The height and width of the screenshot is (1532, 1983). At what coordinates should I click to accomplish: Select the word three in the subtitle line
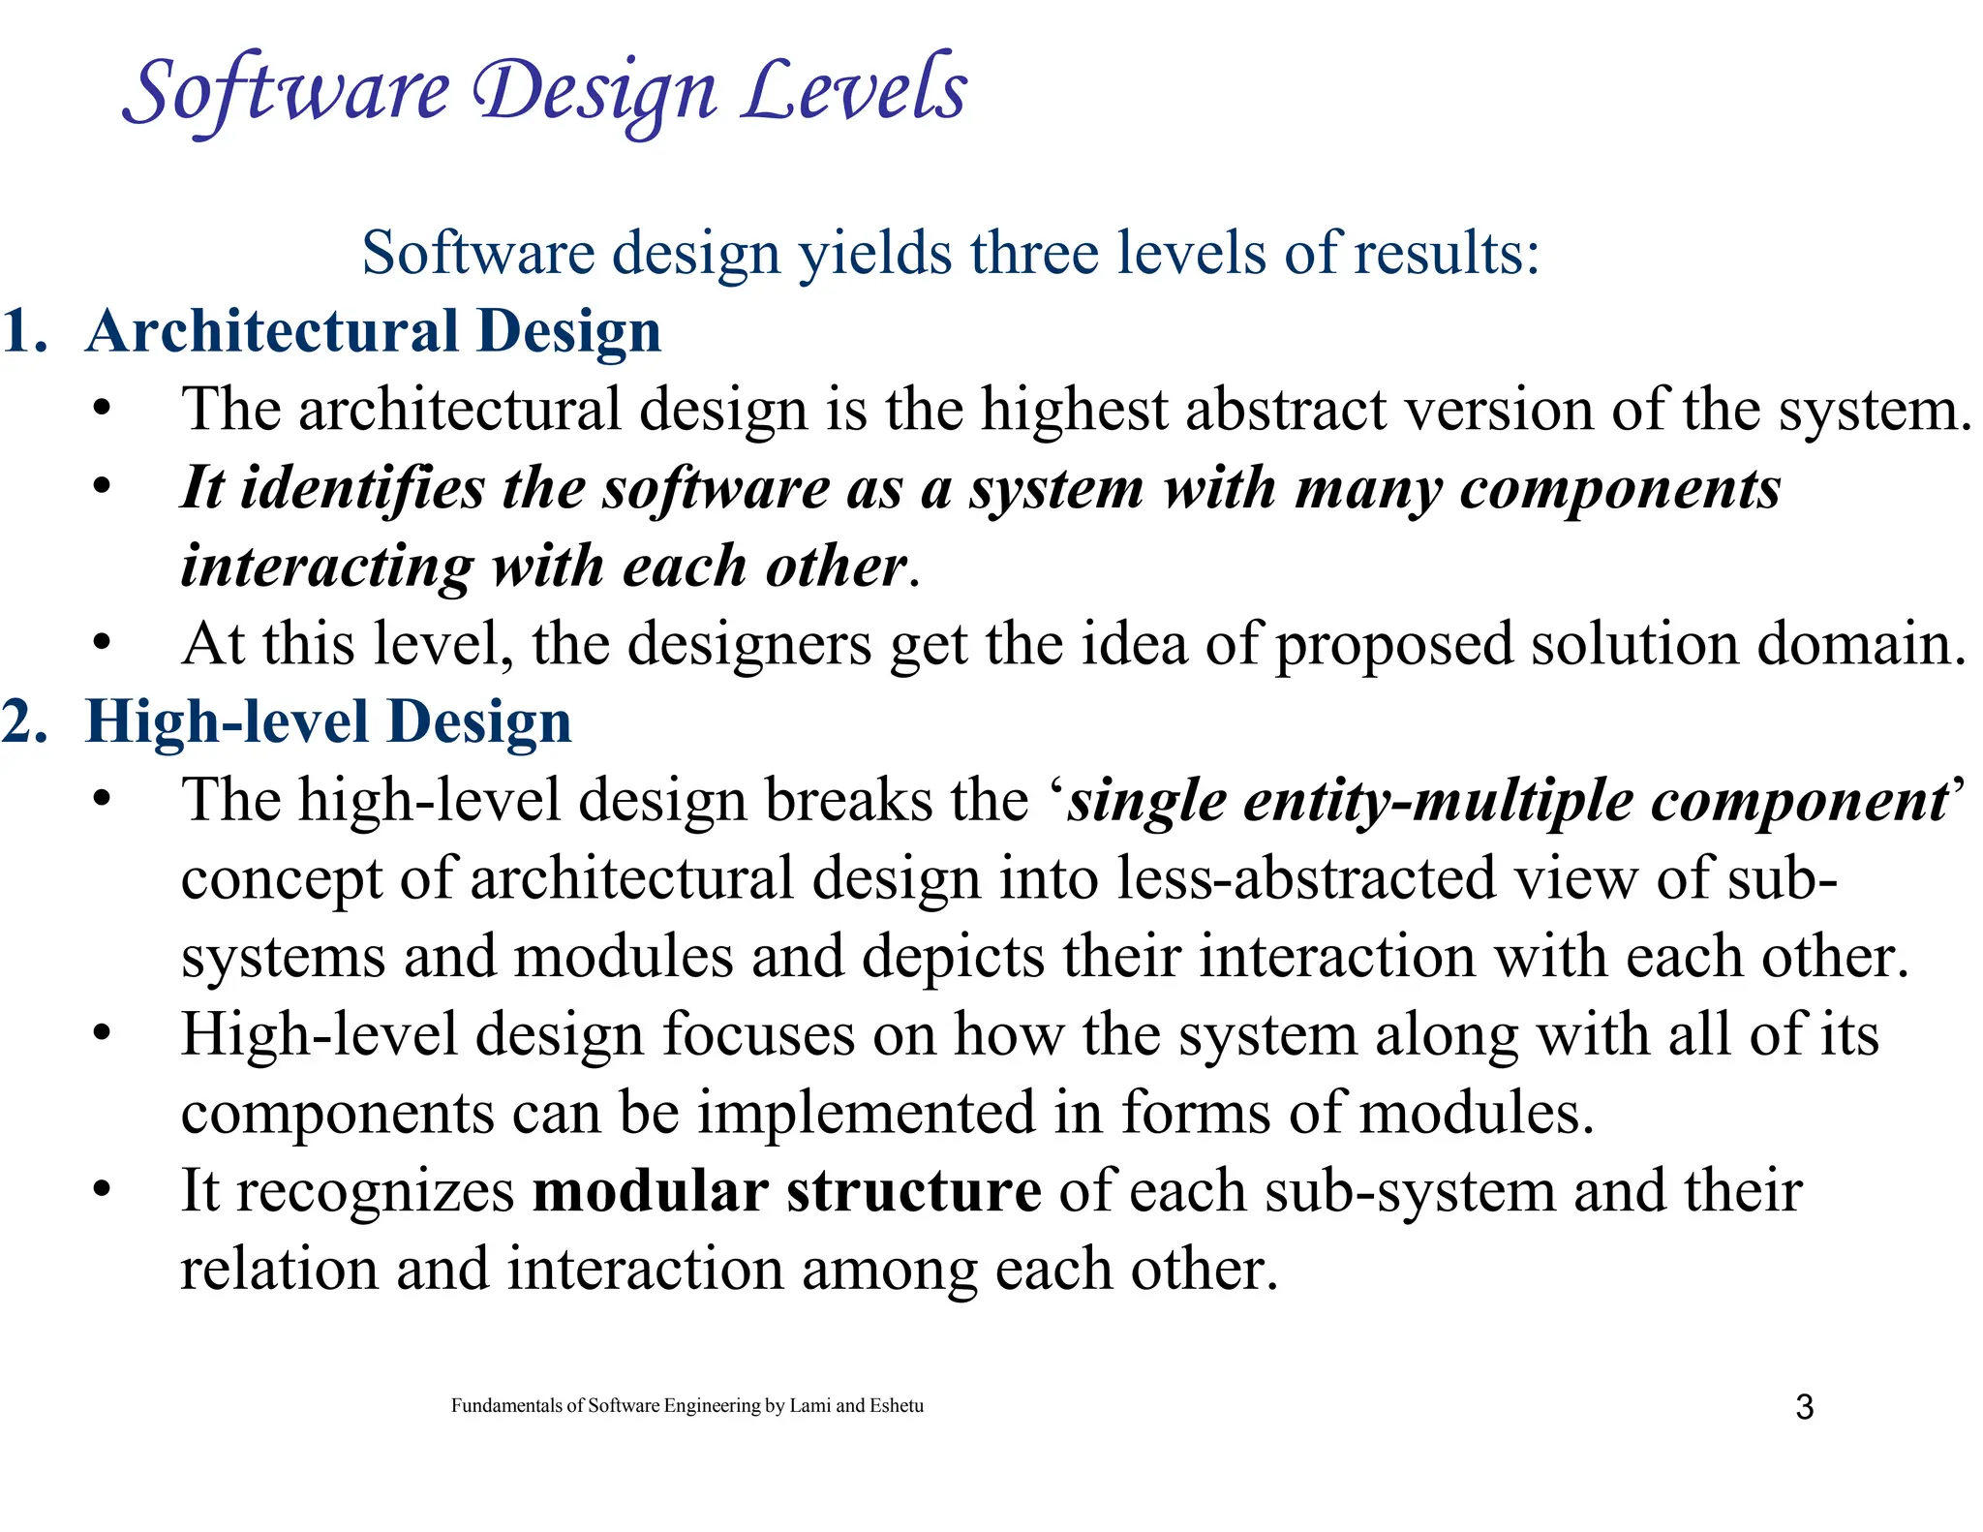[x=1034, y=253]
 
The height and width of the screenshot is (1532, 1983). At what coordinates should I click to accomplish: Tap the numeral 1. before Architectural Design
[x=25, y=331]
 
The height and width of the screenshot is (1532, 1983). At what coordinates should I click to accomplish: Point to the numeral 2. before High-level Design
[x=25, y=722]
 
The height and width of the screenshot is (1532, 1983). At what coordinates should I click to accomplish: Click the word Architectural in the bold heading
[x=272, y=331]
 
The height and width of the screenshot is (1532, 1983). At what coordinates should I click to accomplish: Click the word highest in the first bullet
[x=1074, y=410]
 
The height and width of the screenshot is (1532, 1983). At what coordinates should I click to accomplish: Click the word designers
[x=748, y=644]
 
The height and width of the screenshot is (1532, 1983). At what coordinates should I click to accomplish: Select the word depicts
[x=953, y=958]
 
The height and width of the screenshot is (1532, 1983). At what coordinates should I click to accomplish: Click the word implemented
[x=867, y=1114]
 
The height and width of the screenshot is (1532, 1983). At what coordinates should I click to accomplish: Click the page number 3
[x=1804, y=1407]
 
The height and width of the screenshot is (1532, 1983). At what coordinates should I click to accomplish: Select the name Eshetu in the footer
[x=897, y=1406]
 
